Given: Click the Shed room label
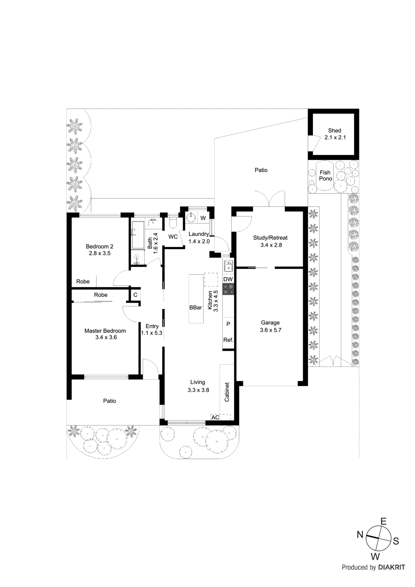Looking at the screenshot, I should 334,131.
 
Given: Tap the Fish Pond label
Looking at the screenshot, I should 325,175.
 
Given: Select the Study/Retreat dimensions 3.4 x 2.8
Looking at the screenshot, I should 271,245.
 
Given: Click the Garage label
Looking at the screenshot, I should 270,322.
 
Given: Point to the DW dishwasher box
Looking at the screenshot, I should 228,279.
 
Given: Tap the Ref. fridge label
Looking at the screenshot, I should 228,340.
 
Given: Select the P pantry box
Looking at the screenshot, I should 228,324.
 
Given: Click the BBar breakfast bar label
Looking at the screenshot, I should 196,308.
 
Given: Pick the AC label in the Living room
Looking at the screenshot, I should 215,418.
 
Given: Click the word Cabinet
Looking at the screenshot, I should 227,392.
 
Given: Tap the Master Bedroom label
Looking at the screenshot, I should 105,331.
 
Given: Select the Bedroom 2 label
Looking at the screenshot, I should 99,247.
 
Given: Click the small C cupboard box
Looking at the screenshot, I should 135,295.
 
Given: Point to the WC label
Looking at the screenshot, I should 173,237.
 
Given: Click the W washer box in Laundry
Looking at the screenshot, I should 203,218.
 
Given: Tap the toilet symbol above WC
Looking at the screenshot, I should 173,223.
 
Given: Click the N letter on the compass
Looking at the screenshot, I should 360,535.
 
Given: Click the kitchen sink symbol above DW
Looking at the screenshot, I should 228,266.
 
